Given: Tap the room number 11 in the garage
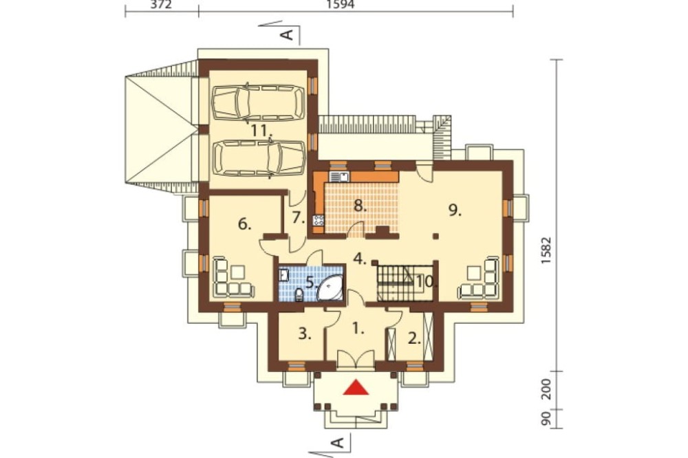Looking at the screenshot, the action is [x=261, y=130].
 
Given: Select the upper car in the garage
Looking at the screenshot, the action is [x=258, y=102].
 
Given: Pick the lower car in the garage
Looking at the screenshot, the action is [x=259, y=158].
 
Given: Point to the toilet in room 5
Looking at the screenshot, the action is [x=299, y=295].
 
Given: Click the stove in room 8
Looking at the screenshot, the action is [x=318, y=221].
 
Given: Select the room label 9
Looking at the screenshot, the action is [x=455, y=210].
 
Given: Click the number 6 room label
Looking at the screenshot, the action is [x=244, y=225].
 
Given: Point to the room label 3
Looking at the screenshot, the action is [x=305, y=335].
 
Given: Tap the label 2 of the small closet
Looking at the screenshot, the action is [x=413, y=338].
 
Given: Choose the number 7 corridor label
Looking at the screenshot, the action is [x=299, y=217].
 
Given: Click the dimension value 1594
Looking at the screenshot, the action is [x=341, y=4].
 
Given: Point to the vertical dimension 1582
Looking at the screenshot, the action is [x=546, y=250].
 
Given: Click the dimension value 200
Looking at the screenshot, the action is [x=546, y=389].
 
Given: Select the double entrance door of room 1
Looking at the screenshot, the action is [x=356, y=360].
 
